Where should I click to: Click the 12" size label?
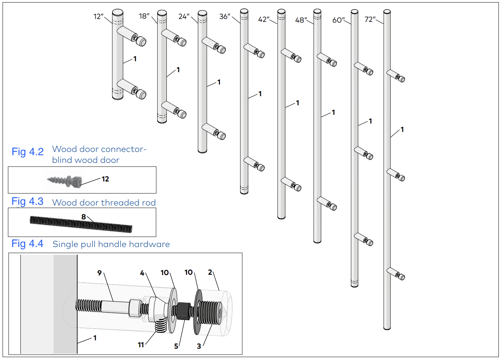(x=98, y=16)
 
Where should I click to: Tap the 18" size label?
(x=144, y=16)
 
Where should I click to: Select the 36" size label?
(x=225, y=16)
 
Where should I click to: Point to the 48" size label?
(x=301, y=20)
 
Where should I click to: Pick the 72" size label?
(x=370, y=19)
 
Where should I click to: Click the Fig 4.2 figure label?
(x=28, y=152)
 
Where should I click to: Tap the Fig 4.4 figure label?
(x=27, y=243)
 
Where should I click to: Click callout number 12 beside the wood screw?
(x=105, y=179)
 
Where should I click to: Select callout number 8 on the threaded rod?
(x=84, y=217)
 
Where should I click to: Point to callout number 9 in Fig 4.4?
(x=99, y=273)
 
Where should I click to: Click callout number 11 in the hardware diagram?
(x=141, y=345)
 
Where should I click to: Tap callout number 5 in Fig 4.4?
(x=176, y=347)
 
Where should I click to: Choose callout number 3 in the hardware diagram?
(x=199, y=347)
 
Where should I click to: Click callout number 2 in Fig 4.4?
(x=210, y=272)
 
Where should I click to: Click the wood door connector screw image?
(x=64, y=180)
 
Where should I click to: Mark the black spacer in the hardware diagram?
(x=184, y=311)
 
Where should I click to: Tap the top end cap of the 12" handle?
(x=118, y=12)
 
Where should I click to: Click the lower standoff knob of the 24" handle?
(x=222, y=136)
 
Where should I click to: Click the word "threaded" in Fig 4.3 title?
(x=121, y=203)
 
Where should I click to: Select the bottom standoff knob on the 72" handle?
(x=402, y=277)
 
